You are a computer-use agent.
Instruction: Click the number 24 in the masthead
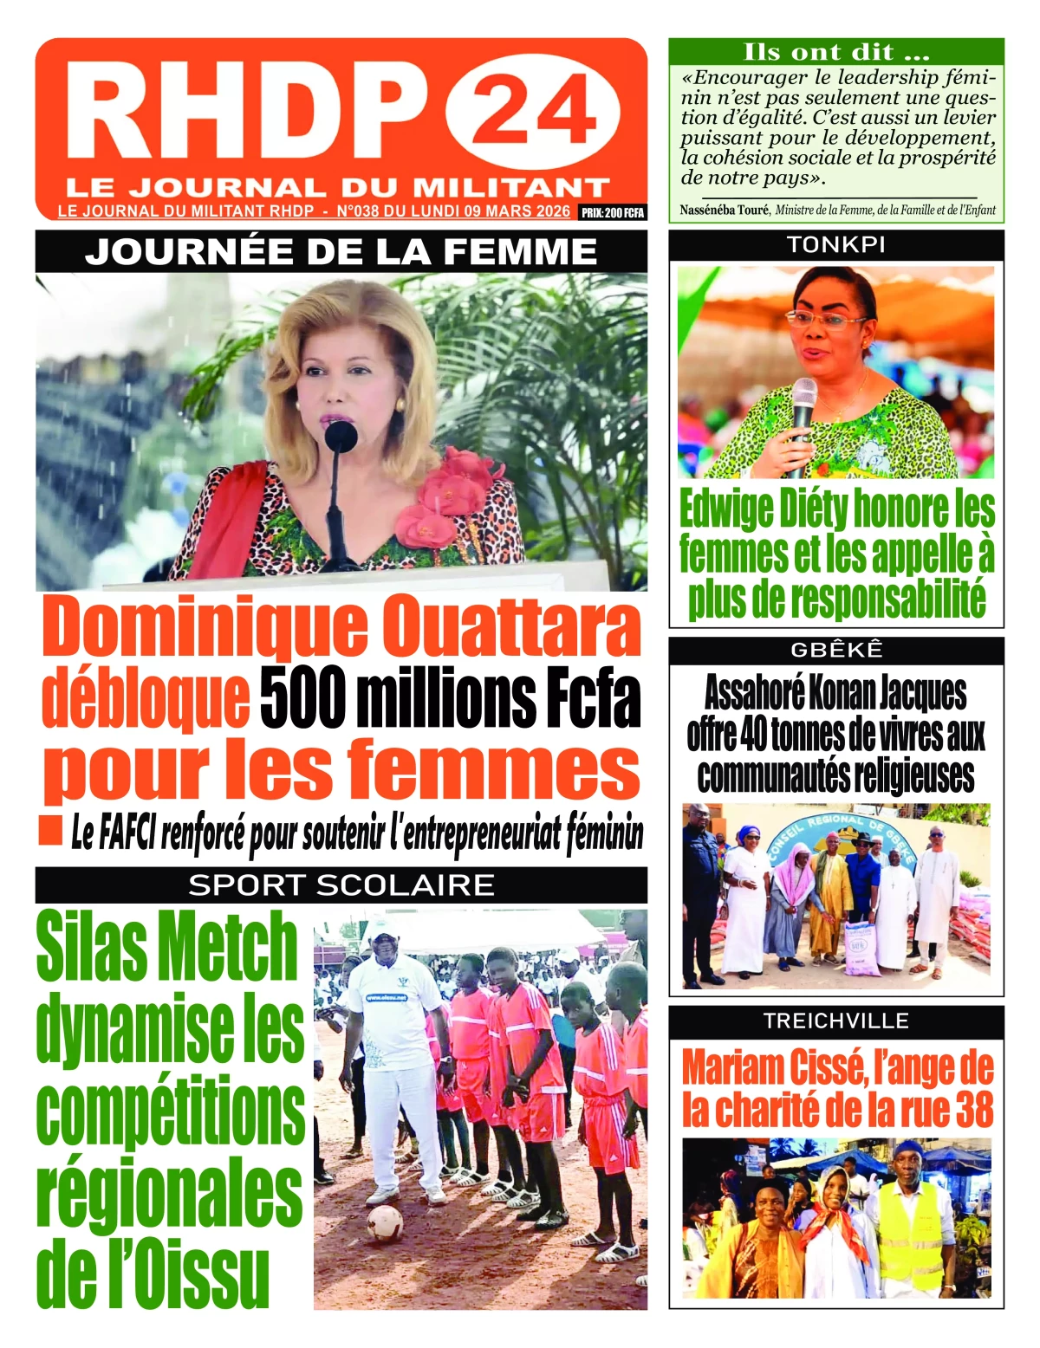tap(533, 111)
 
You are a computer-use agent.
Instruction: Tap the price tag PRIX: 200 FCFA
tap(613, 212)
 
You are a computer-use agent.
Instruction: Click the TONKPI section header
tap(835, 245)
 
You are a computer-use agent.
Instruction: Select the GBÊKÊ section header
tap(836, 650)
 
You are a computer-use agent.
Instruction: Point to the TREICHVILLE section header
tap(836, 1021)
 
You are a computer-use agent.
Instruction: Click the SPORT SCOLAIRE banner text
tap(341, 885)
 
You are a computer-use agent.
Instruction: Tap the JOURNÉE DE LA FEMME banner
tap(341, 252)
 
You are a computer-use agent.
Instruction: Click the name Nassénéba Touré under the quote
tap(724, 210)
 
